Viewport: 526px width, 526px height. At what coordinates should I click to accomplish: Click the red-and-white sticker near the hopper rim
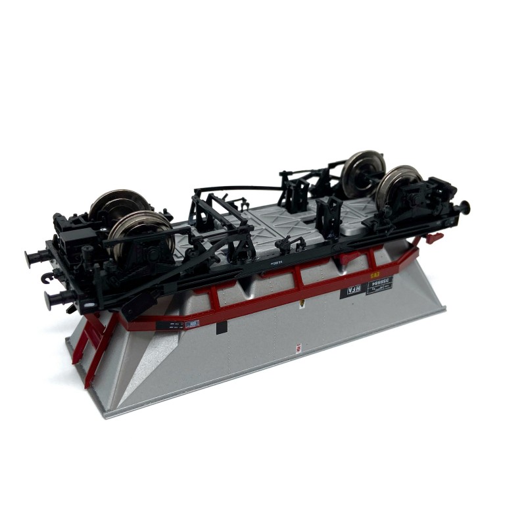(x=298, y=347)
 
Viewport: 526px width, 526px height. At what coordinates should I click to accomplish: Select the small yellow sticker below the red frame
(x=301, y=304)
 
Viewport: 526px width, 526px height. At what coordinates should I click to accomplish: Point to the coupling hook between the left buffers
(x=47, y=279)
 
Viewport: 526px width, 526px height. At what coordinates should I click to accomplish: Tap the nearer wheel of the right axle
(x=399, y=186)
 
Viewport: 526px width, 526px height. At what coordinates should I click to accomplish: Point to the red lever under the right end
(x=433, y=237)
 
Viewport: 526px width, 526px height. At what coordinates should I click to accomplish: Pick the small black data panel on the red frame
(x=176, y=325)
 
